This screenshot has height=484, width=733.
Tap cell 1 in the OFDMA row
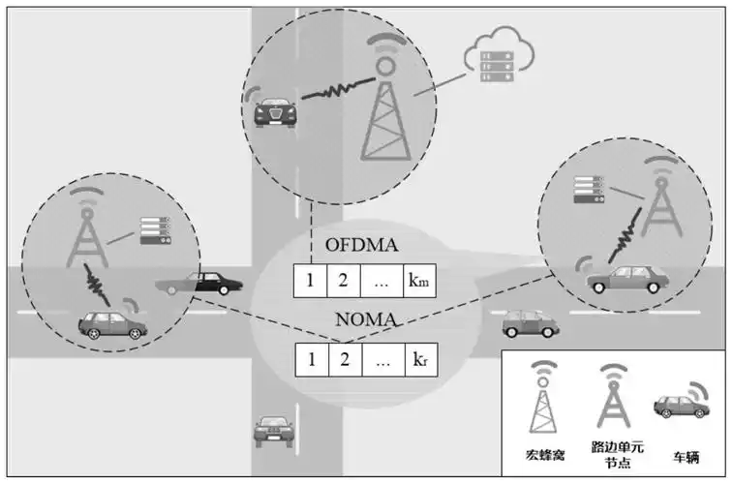(311, 282)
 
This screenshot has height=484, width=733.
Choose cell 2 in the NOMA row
(344, 360)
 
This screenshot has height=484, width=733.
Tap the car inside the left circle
(111, 322)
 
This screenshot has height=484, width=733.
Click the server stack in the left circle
(155, 230)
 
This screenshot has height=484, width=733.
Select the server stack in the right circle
(589, 188)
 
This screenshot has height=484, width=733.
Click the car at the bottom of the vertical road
(271, 430)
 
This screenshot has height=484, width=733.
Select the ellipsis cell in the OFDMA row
(382, 282)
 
